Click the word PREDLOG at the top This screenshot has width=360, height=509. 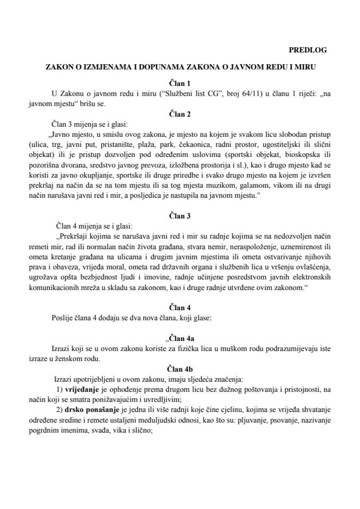point(308,50)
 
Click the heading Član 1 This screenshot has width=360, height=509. point(180,83)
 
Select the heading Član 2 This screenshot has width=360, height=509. point(180,114)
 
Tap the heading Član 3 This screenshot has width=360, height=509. point(180,215)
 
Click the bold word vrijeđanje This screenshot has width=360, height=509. point(82,389)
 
